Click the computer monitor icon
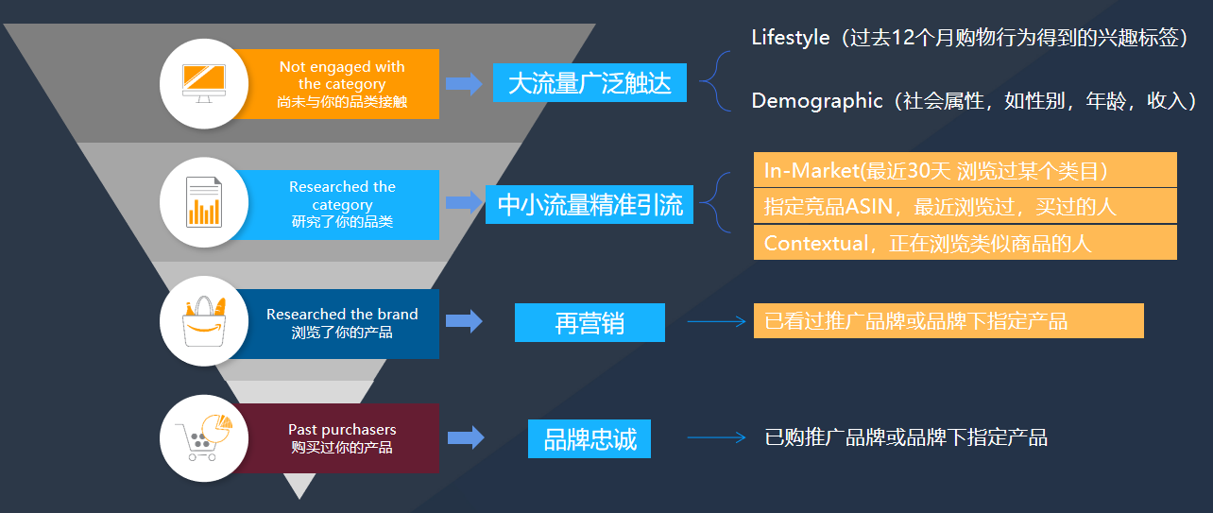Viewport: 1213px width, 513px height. coord(203,83)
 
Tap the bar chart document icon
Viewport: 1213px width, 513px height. coord(203,202)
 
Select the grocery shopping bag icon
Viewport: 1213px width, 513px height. coord(203,320)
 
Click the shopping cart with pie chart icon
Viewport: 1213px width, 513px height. coord(203,437)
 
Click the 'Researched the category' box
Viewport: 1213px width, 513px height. coord(342,204)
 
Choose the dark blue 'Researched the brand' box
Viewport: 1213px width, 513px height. coord(342,322)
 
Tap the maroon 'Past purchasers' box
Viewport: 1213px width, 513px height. coord(342,437)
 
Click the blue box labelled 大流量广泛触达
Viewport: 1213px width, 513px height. coord(589,83)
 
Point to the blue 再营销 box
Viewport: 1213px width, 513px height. coord(589,323)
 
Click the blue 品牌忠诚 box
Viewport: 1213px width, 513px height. coord(589,439)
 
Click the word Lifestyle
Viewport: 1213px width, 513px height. coord(790,38)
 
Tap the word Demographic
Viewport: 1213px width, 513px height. coord(816,101)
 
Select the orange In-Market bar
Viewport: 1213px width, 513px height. coord(964,171)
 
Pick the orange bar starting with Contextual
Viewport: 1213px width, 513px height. coord(964,243)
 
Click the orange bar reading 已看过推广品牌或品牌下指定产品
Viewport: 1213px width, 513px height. coord(948,321)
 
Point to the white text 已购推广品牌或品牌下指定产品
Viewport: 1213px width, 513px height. coord(905,437)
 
